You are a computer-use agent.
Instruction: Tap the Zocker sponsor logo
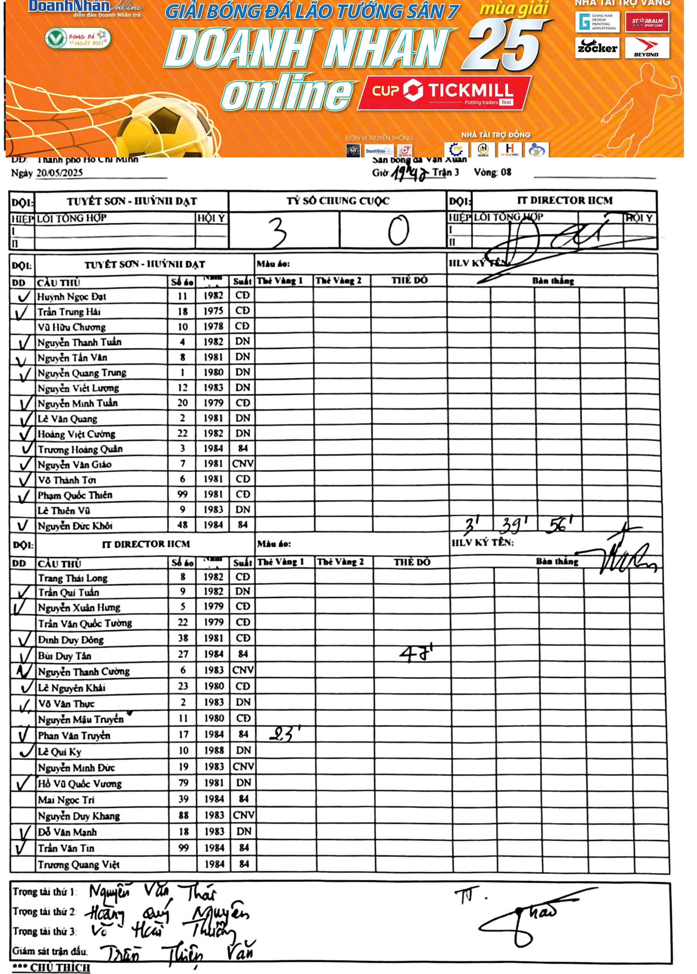[x=597, y=48]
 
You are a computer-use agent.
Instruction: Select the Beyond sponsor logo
[x=647, y=48]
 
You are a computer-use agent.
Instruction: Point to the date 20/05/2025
[x=59, y=173]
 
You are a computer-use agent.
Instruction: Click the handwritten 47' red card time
[x=415, y=654]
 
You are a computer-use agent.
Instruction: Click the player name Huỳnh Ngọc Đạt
[x=72, y=296]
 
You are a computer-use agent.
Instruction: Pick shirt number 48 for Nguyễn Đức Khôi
[x=182, y=525]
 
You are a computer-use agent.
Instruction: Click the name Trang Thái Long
[x=73, y=578]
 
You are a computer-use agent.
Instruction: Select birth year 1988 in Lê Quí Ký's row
[x=214, y=750]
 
